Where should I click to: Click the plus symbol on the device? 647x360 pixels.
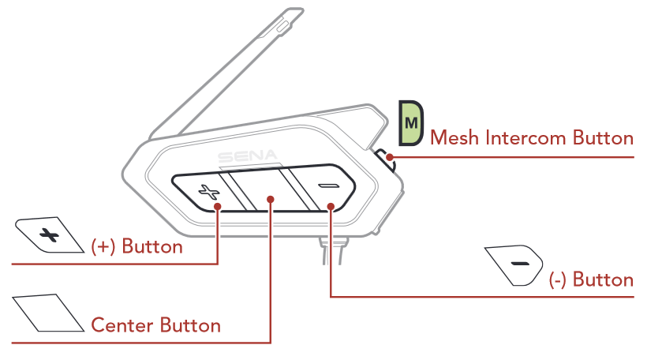tap(208, 191)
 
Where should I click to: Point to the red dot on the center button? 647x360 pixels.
tap(271, 200)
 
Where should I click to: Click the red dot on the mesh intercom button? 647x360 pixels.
tap(391, 156)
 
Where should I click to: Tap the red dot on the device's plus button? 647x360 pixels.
tap(219, 206)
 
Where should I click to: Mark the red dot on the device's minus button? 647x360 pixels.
tap(331, 208)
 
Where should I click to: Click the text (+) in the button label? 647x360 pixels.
tap(105, 246)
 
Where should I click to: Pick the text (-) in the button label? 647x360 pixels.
tap(559, 279)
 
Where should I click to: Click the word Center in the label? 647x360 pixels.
tap(122, 325)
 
